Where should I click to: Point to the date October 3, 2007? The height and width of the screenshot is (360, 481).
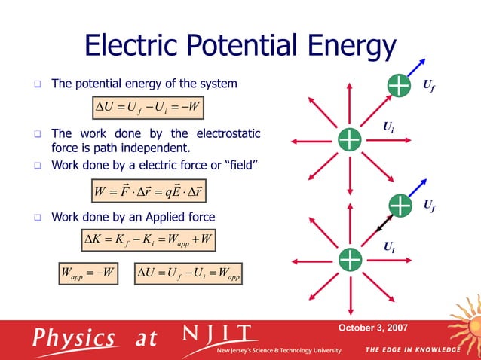pyautogui.click(x=372, y=328)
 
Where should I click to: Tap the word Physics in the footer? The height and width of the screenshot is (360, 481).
pyautogui.click(x=72, y=338)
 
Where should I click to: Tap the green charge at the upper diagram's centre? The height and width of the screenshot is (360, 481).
pyautogui.click(x=349, y=139)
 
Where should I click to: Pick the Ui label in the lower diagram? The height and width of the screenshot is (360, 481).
pyautogui.click(x=388, y=246)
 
